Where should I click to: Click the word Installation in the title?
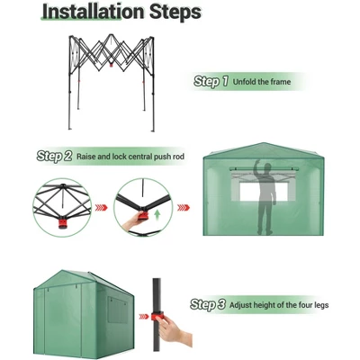pos(94,12)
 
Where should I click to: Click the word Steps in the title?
pos(175,13)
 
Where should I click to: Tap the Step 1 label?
pos(211,81)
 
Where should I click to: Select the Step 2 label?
pos(54,156)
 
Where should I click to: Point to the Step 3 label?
pos(208,304)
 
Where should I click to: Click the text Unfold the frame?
pos(262,82)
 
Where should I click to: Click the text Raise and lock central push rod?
pos(130,157)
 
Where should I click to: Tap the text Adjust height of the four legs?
pos(279,305)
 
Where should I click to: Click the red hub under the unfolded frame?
pos(112,65)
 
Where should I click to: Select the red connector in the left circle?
pos(63,223)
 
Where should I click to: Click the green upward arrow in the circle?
pos(157,215)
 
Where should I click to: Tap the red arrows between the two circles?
pos(102,208)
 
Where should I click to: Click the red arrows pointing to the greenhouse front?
pos(184,208)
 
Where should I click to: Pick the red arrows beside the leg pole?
pos(144,316)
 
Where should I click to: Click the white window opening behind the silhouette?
pos(264,192)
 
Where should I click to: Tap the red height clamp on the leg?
pos(157,316)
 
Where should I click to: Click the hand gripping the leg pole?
pos(174,330)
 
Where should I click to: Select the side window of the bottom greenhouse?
pos(118,310)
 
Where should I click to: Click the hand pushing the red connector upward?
pos(134,221)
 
